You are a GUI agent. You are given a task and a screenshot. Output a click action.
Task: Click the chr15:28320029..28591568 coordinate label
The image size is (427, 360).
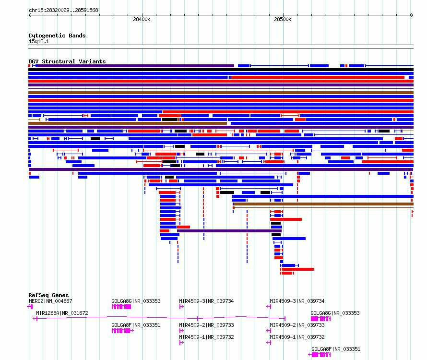[63, 10]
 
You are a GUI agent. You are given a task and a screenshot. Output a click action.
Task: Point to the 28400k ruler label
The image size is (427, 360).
[142, 19]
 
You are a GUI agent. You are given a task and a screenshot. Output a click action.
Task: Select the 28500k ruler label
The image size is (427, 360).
[283, 19]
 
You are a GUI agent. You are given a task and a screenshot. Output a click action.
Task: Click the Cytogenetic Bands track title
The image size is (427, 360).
[57, 36]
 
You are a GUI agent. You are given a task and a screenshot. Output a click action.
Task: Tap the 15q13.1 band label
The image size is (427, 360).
[39, 41]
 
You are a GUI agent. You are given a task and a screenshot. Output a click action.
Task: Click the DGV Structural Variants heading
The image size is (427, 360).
[67, 61]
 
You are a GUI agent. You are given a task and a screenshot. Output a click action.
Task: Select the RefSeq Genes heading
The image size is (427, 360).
[48, 295]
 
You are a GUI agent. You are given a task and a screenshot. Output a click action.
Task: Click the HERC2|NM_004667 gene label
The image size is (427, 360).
[50, 301]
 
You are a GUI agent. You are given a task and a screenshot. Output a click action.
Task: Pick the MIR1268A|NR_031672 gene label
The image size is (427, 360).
[62, 313]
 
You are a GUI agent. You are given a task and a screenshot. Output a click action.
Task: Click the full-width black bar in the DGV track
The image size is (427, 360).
[221, 70]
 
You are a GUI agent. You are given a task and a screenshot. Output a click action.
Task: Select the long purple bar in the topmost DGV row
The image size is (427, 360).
[135, 66]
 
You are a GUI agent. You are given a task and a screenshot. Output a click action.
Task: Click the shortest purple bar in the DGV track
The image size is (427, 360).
[229, 231]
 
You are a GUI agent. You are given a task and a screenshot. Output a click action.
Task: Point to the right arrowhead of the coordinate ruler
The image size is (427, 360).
[412, 15]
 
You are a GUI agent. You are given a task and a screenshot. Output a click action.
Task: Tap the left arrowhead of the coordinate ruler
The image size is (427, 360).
[30, 15]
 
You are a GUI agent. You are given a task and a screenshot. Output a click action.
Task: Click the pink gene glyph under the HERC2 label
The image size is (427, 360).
[30, 307]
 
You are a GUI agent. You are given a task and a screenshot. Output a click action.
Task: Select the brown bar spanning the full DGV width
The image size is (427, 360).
[221, 93]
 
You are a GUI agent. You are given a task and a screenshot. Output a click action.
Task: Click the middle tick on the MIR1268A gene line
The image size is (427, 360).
[198, 318]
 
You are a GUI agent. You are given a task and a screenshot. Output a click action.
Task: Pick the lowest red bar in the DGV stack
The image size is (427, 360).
[287, 273]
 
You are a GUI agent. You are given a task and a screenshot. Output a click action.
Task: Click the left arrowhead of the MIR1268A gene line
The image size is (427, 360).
[35, 319]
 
